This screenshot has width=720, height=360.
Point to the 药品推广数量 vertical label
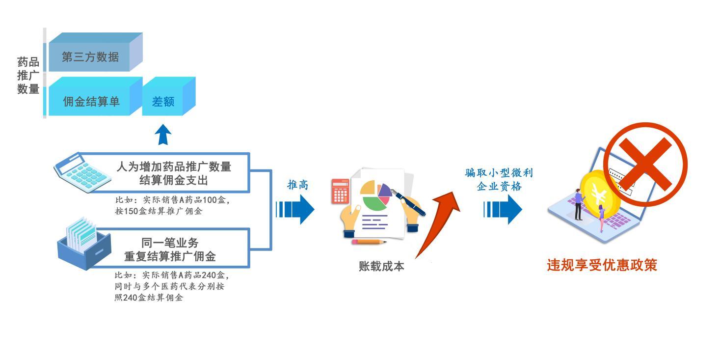point(28,76)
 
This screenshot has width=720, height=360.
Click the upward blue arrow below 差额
point(163,135)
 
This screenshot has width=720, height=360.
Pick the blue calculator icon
point(82,173)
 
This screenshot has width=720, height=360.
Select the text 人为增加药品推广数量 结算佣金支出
point(174,173)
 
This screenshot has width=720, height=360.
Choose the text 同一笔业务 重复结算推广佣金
point(170,249)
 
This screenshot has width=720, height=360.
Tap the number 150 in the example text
point(131,211)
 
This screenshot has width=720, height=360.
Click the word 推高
point(297,185)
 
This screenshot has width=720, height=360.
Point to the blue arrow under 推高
point(295,209)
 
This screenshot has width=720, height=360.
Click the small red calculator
point(341,192)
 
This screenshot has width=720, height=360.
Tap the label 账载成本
point(381,266)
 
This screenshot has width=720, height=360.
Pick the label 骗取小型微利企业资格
point(499,180)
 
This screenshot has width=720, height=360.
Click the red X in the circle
point(645,164)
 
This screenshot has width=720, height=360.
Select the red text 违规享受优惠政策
point(602,265)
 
